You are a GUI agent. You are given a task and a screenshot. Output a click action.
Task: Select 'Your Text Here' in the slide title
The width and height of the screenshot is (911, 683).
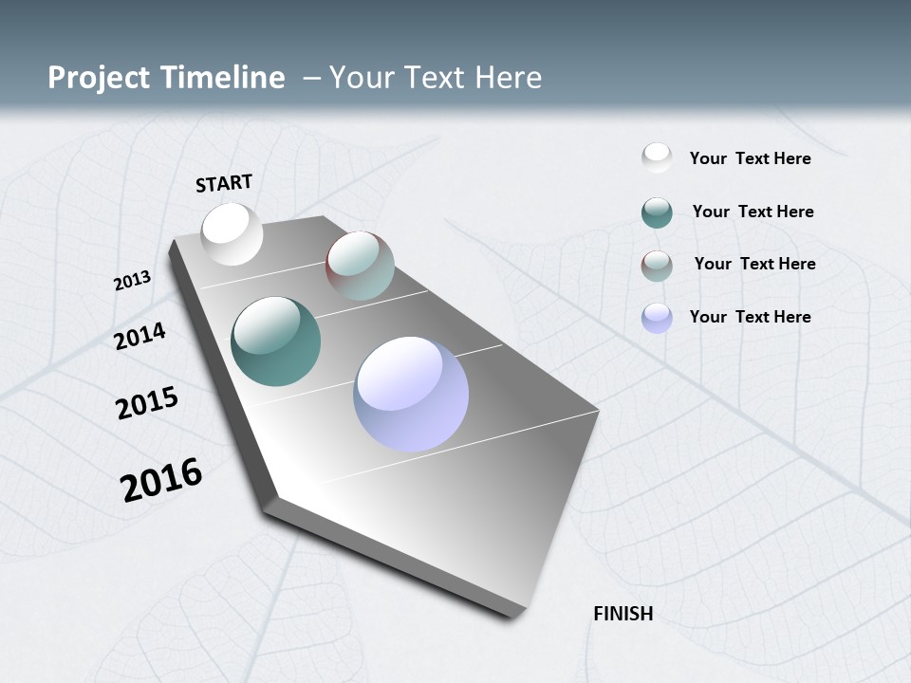click(436, 78)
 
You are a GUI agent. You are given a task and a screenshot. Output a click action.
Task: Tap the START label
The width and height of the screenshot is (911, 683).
click(224, 183)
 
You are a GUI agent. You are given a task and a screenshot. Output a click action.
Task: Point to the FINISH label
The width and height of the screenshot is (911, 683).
click(623, 614)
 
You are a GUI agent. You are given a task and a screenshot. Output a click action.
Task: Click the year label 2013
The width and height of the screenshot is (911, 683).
click(133, 281)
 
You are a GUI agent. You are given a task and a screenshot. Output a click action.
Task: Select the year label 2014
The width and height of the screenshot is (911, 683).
click(140, 336)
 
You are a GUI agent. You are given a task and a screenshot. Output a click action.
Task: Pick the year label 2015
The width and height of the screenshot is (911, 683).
click(147, 403)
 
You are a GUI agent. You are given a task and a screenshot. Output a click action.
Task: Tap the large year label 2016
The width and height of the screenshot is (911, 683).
click(161, 480)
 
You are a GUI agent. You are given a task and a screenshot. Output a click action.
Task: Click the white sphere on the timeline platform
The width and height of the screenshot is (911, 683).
click(232, 234)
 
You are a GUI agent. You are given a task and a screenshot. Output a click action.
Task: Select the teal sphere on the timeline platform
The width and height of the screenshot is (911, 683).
click(275, 341)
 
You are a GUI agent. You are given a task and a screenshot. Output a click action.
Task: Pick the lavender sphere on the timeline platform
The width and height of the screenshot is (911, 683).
click(411, 394)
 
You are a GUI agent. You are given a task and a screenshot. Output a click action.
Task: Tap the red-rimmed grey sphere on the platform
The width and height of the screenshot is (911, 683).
click(360, 266)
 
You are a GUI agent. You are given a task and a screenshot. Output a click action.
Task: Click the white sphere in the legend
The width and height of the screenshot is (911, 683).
click(657, 157)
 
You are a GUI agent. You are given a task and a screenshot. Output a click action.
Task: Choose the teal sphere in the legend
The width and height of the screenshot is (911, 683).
click(657, 212)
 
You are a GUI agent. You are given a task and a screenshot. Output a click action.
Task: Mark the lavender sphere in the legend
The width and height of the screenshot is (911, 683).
click(657, 318)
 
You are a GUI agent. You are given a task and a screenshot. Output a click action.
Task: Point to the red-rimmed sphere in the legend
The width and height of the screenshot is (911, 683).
click(657, 265)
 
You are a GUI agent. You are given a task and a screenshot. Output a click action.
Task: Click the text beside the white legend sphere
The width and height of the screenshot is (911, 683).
click(750, 158)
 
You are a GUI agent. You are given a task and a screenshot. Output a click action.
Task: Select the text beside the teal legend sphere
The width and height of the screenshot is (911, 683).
click(753, 212)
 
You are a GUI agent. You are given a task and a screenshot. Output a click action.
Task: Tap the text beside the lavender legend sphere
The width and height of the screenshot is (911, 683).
click(750, 317)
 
